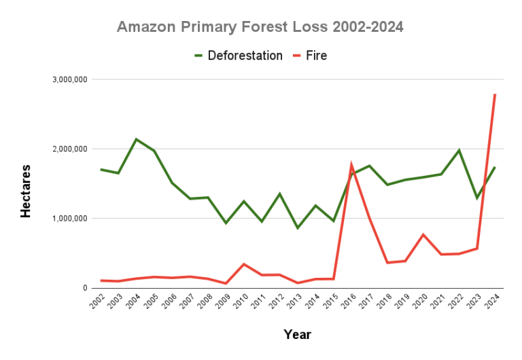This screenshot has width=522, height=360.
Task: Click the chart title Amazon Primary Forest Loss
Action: click(x=260, y=27)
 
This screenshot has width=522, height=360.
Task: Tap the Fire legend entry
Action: click(x=315, y=56)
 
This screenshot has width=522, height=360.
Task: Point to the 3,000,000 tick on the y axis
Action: click(x=69, y=79)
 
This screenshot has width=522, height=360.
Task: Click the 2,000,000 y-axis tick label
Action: click(x=69, y=149)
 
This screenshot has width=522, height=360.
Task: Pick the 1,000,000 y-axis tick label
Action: click(x=69, y=219)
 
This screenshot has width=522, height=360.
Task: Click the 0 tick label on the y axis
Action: click(x=85, y=288)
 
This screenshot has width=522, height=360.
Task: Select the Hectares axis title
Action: click(x=26, y=191)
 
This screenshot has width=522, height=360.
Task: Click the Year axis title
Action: click(x=296, y=334)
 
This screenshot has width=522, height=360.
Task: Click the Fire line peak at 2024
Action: click(x=494, y=95)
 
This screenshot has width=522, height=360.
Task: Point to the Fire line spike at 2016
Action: click(x=351, y=165)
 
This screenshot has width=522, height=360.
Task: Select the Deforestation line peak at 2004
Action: click(x=137, y=139)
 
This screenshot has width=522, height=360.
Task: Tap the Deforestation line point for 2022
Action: click(x=459, y=150)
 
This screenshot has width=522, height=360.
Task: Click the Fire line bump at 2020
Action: click(x=423, y=235)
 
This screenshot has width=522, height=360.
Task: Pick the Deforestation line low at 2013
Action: click(x=298, y=228)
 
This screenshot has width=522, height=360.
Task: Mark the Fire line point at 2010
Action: click(x=244, y=264)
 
